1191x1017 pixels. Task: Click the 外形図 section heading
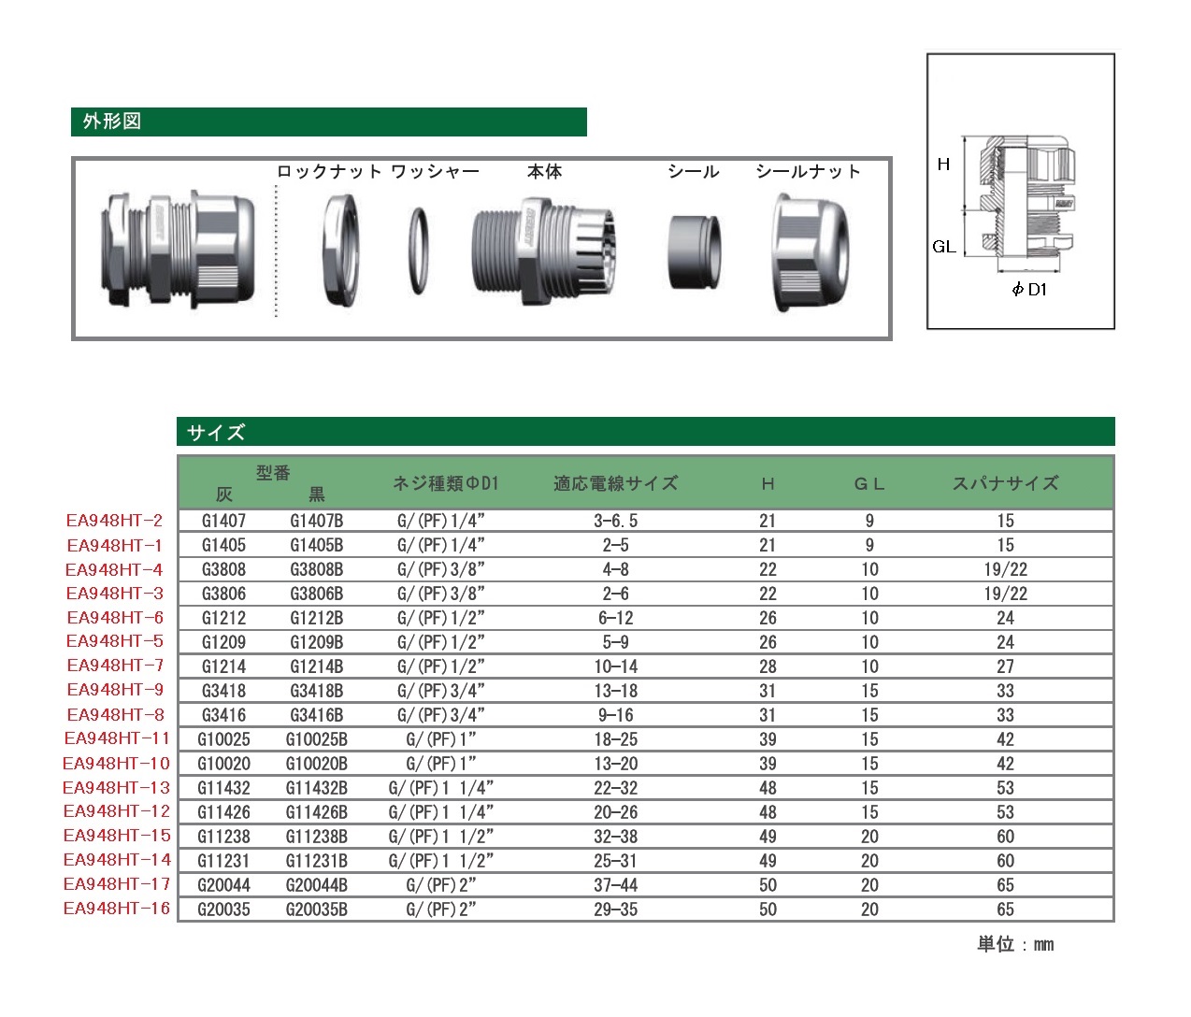point(112,122)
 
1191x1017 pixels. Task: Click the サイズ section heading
point(216,432)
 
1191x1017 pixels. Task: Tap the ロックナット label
point(329,171)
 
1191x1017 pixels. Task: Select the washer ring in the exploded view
point(418,251)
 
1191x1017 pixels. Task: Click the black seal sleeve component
point(694,252)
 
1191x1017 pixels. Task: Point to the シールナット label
point(808,171)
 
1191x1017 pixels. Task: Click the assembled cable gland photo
point(178,250)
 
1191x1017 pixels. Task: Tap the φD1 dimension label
point(1029,289)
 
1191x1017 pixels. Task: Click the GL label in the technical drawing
point(944,247)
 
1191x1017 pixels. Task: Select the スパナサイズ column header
point(1005,483)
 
